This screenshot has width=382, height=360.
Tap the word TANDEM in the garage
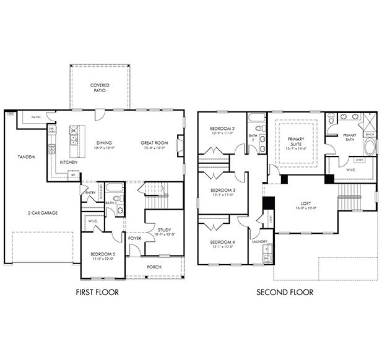click(26, 157)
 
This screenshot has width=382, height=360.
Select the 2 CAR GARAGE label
click(43, 212)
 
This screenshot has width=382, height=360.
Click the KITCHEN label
click(69, 162)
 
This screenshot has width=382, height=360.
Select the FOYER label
click(134, 237)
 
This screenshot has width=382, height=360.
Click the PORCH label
click(154, 267)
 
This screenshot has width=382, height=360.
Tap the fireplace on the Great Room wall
click(180, 146)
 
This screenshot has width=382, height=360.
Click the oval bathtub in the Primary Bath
click(370, 148)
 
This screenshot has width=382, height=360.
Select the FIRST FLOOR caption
click(97, 292)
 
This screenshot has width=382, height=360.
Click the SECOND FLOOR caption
click(285, 292)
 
